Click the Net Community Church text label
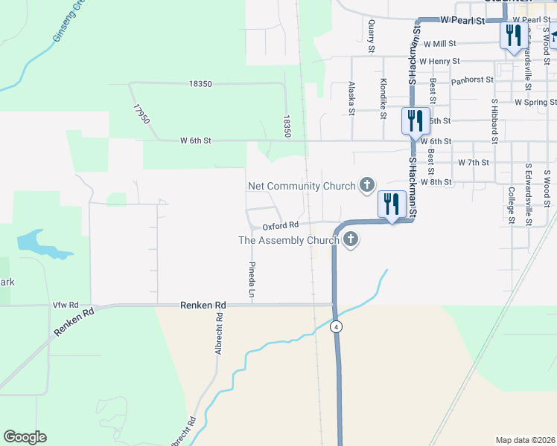301,186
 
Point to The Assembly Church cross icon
351,239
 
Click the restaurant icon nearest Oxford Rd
391,203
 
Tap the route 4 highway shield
337,326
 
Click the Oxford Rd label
280,224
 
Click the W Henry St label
439,61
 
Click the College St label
512,204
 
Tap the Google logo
25,437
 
